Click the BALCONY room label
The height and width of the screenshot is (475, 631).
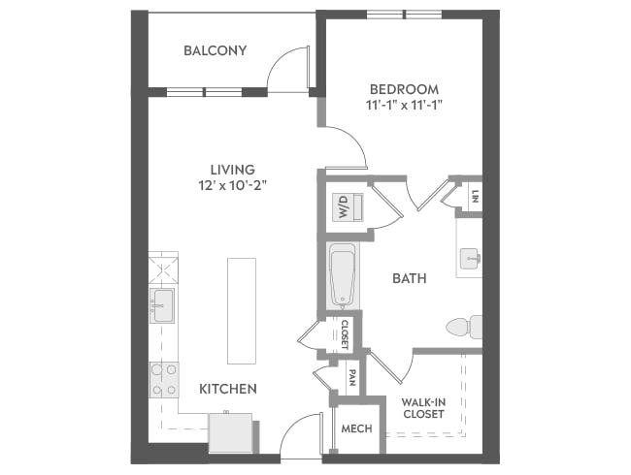[215, 50]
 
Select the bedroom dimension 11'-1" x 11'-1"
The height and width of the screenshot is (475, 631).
[406, 105]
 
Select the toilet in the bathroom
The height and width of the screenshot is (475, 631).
[464, 327]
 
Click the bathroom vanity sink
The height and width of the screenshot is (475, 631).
[469, 257]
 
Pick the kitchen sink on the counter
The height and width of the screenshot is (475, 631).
[161, 304]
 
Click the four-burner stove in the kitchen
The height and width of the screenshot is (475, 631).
[163, 379]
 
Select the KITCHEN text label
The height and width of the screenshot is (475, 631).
[228, 389]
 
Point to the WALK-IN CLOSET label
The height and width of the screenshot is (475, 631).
[423, 407]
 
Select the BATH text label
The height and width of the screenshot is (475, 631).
[409, 278]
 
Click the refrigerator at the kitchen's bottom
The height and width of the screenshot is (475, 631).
[231, 432]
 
